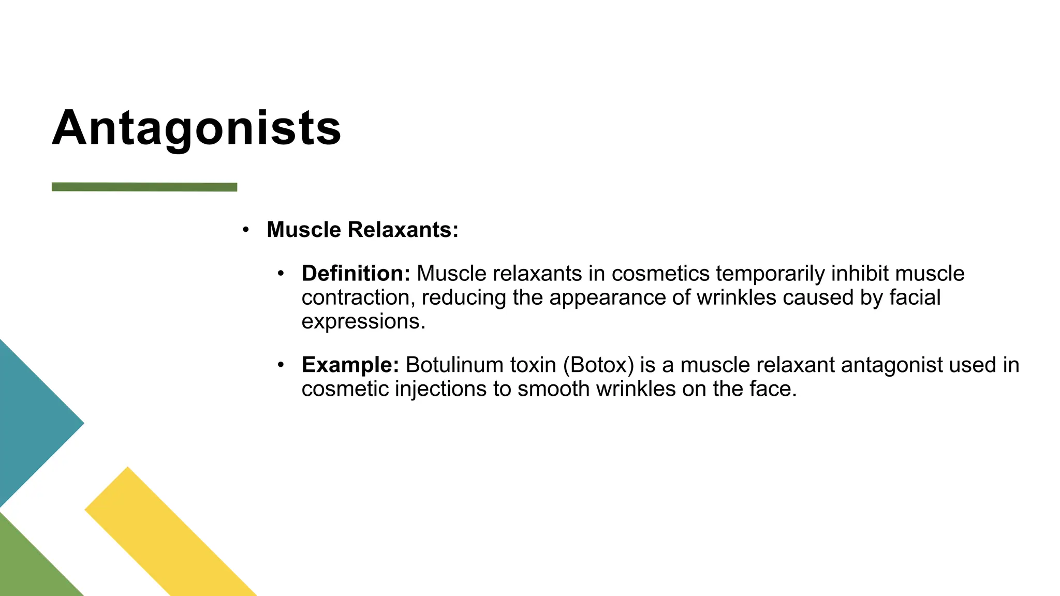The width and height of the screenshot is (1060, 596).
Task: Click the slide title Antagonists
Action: (197, 128)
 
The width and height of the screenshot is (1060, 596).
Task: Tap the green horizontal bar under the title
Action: (144, 187)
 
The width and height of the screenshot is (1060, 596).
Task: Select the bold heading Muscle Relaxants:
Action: (362, 230)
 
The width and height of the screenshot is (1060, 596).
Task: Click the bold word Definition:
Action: (356, 273)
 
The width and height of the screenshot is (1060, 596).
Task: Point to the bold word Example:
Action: (350, 365)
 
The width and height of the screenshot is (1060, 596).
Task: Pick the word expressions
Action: (363, 322)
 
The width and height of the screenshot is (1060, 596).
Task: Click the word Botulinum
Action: (455, 365)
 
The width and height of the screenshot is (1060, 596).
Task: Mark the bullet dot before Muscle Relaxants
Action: (246, 229)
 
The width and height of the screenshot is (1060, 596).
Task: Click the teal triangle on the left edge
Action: (31, 423)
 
